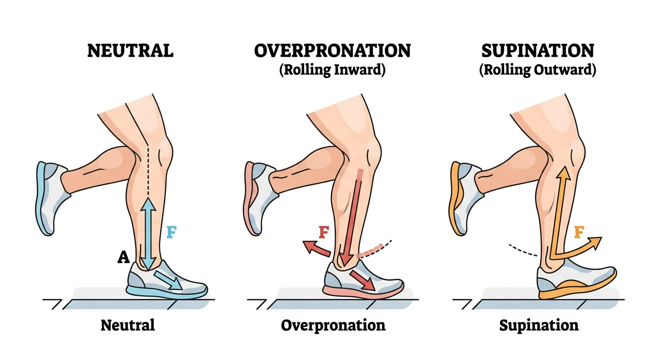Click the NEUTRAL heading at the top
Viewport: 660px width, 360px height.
pyautogui.click(x=130, y=51)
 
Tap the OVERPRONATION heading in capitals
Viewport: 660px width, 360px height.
pyautogui.click(x=332, y=51)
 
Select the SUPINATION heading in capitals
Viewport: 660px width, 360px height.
pyautogui.click(x=538, y=51)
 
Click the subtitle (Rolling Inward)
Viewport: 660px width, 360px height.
pyautogui.click(x=332, y=70)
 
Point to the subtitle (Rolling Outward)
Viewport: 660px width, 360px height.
pyautogui.click(x=538, y=70)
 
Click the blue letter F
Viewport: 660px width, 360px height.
pyautogui.click(x=172, y=232)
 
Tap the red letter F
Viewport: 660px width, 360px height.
pyautogui.click(x=324, y=232)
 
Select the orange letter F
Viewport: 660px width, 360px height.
pyautogui.click(x=579, y=232)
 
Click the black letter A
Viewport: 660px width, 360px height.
pyautogui.click(x=123, y=257)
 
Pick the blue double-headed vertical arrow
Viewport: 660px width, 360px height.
pyautogui.click(x=148, y=233)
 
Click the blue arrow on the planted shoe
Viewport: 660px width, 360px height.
pyautogui.click(x=167, y=280)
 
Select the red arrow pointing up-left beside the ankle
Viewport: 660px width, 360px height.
pyautogui.click(x=316, y=248)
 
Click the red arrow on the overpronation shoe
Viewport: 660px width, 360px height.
pyautogui.click(x=362, y=280)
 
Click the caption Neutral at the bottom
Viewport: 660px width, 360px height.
pyautogui.click(x=127, y=325)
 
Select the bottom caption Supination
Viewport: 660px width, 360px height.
pyautogui.click(x=539, y=326)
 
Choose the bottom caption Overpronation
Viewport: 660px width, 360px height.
pyautogui.click(x=333, y=326)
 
